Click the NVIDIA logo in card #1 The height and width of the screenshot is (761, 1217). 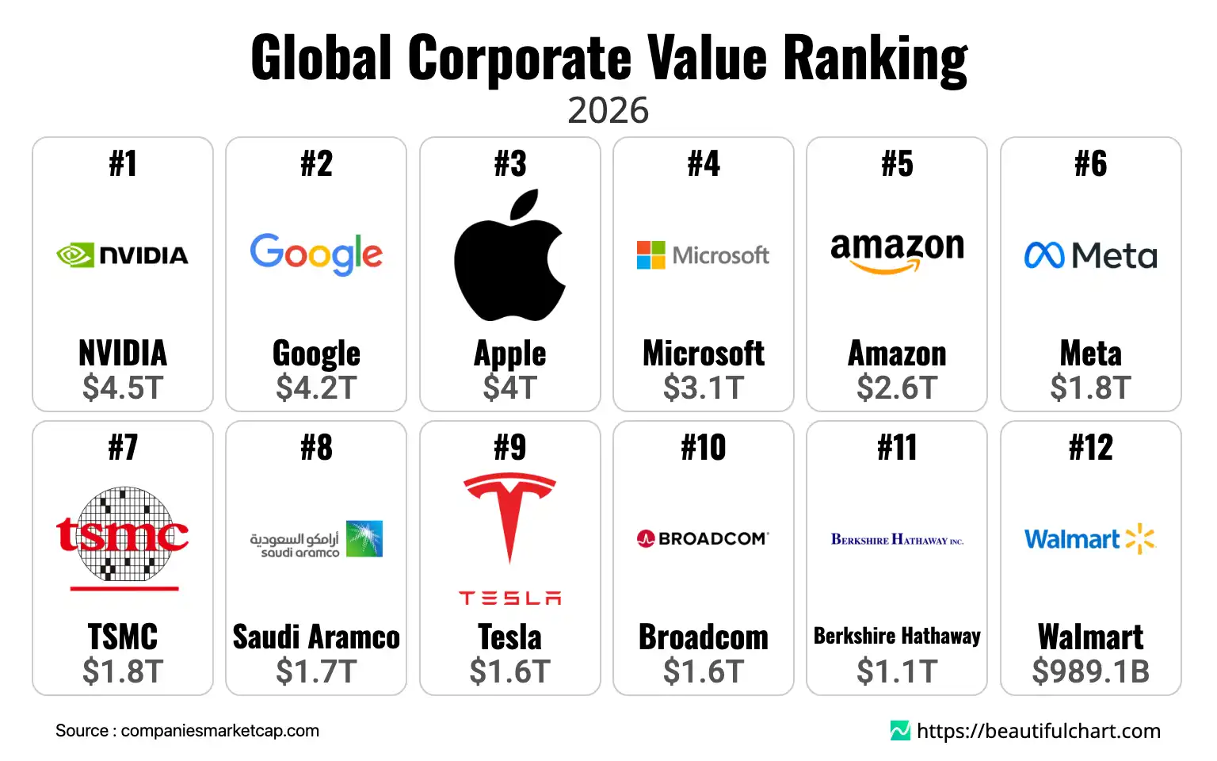click(122, 255)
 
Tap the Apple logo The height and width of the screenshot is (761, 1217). click(509, 255)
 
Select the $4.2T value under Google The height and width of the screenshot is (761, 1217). click(316, 388)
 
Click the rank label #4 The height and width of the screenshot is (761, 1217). click(704, 164)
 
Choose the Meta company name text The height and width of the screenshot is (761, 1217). click(1090, 354)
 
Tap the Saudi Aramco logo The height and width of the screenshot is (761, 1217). click(316, 539)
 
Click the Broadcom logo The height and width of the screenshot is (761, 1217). click(704, 539)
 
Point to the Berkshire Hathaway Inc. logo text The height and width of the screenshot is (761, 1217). click(897, 540)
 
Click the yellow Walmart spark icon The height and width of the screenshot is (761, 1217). click(1140, 538)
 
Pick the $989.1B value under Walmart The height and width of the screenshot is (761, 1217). click(1090, 671)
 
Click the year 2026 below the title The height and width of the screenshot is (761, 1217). click(608, 111)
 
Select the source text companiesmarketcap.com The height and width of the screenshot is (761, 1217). click(219, 731)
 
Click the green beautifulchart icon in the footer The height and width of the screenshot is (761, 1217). click(900, 731)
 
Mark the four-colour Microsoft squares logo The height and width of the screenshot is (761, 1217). click(651, 255)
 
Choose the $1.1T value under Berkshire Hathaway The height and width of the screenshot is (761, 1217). click(897, 671)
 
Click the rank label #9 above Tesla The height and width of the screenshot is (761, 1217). click(509, 448)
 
